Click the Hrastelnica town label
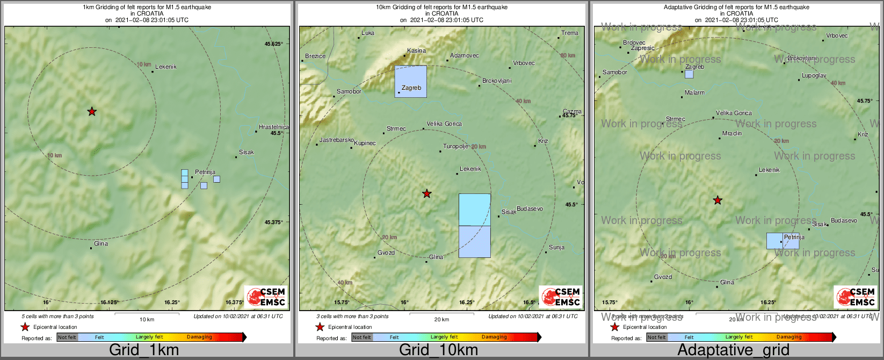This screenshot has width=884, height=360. [x=273, y=127]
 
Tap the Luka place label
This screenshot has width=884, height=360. [x=368, y=33]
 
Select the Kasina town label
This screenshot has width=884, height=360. [x=416, y=51]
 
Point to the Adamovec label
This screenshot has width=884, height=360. [x=465, y=56]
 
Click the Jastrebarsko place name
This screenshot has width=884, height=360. [x=336, y=140]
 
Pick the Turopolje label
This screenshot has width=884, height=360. [x=455, y=147]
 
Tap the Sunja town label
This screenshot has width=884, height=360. [x=556, y=248]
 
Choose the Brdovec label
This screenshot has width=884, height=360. [x=634, y=43]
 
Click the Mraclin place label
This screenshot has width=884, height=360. [x=732, y=134]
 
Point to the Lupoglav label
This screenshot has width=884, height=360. [x=814, y=76]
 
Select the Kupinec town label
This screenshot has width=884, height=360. [x=365, y=143]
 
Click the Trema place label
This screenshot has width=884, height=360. [x=570, y=33]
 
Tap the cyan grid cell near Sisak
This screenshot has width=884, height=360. [x=474, y=210]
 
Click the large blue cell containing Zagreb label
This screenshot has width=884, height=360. [x=411, y=81]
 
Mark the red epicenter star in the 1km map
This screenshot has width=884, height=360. [x=92, y=112]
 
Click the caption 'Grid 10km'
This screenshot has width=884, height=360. [x=438, y=350]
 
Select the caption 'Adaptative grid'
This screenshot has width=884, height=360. [x=733, y=350]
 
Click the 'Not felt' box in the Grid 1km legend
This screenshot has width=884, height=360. [x=67, y=337]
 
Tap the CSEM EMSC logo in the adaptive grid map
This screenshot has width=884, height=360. [x=855, y=297]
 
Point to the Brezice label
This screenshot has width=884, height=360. [x=315, y=56]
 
